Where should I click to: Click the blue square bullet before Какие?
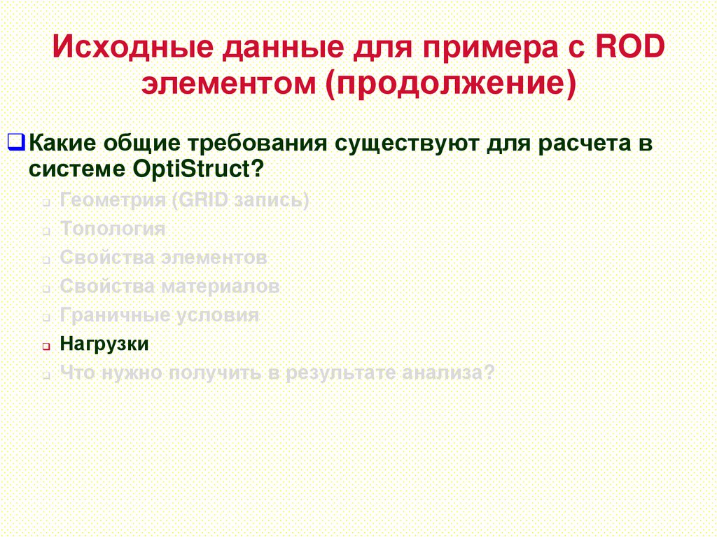(x=19, y=144)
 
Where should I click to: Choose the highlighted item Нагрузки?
(x=104, y=344)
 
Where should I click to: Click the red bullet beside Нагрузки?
(x=45, y=347)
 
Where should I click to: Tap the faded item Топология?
(x=113, y=229)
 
